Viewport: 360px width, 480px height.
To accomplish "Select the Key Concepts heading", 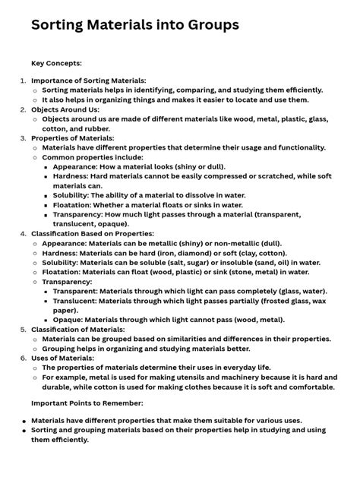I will tap(56, 63).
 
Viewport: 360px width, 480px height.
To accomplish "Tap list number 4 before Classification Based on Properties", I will tap(23, 234).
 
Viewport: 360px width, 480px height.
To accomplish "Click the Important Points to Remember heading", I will tap(87, 403).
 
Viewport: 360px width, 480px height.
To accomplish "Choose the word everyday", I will tap(219, 368).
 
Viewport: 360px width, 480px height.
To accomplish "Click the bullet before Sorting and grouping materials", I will tap(24, 430).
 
